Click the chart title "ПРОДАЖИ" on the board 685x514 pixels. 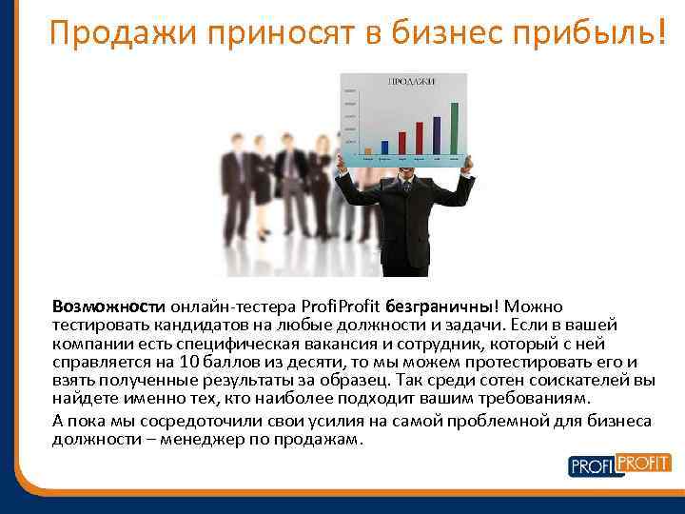[x=411, y=82]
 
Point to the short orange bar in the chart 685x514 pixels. [x=368, y=150]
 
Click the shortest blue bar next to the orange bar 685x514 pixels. [x=384, y=148]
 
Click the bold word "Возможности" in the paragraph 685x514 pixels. [x=108, y=306]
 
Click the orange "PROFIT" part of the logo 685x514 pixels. [x=644, y=463]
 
